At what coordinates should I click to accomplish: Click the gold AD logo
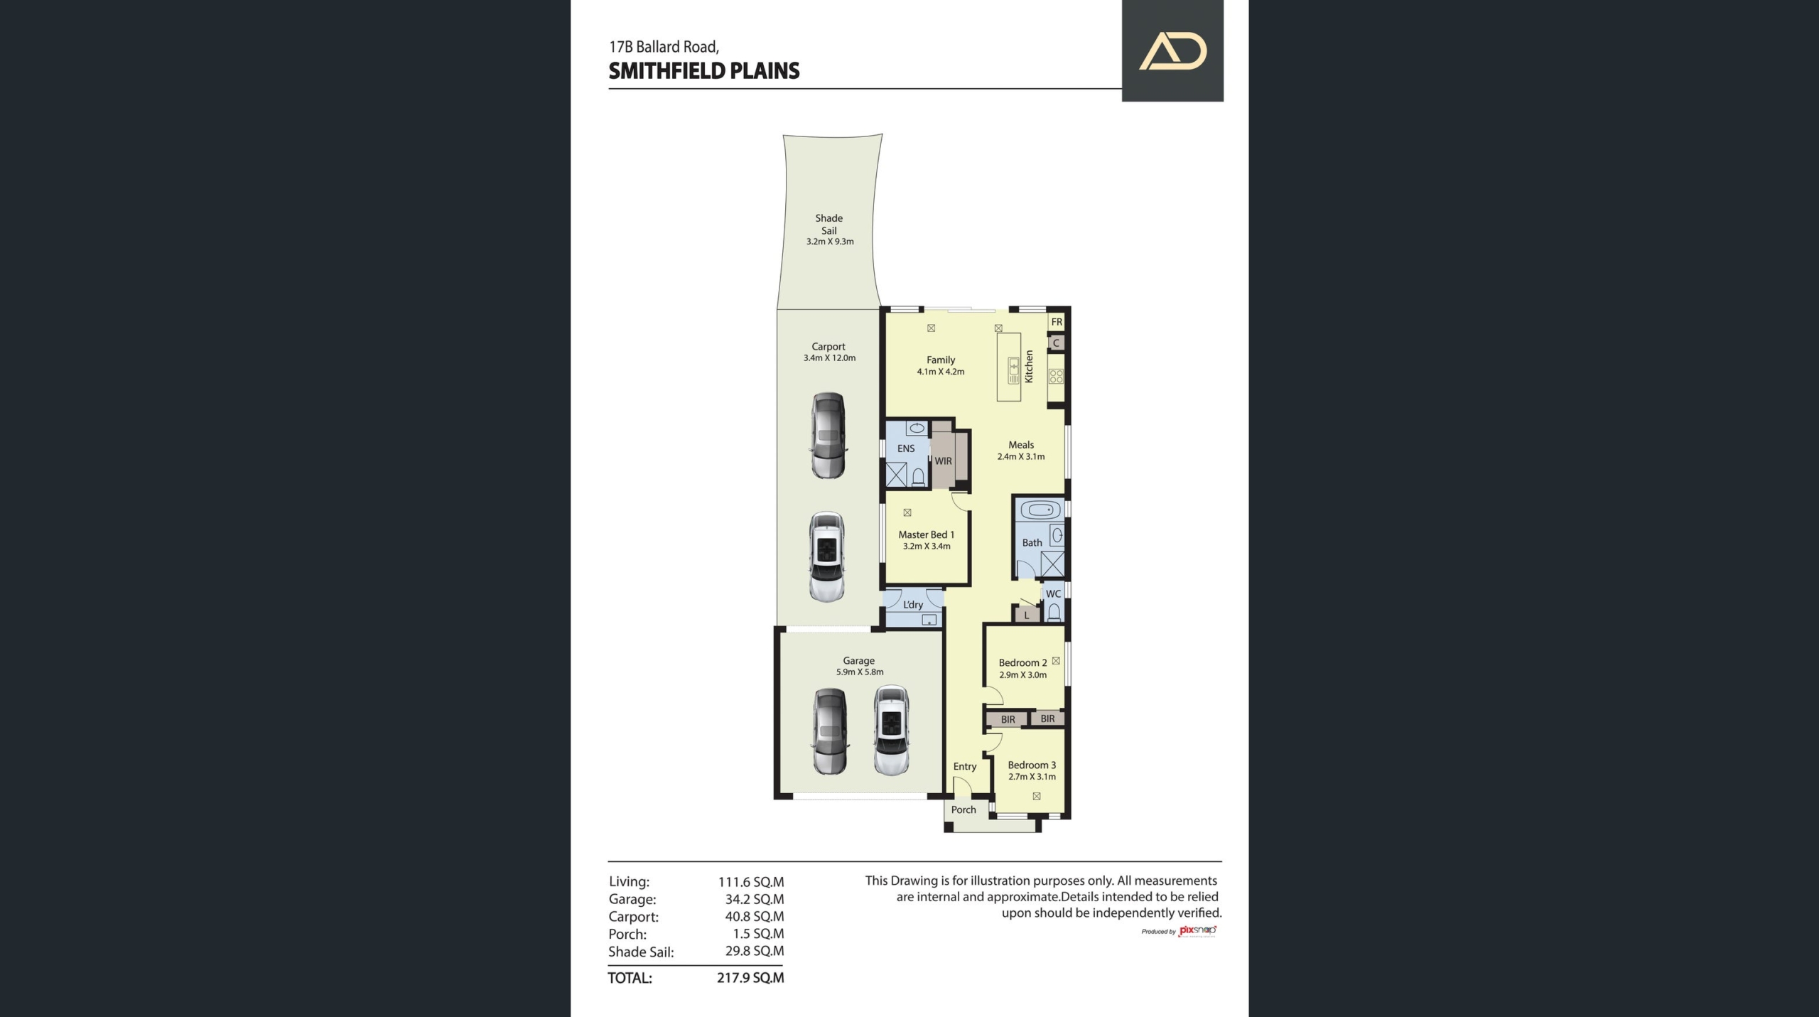(x=1173, y=51)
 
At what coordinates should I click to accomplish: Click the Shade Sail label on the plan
(x=829, y=224)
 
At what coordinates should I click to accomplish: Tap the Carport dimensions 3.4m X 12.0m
(x=829, y=358)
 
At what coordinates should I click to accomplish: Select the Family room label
(x=941, y=360)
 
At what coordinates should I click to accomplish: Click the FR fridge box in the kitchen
(x=1057, y=322)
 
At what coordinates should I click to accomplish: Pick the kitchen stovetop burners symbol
(x=1056, y=377)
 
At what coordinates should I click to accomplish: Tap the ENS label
(x=906, y=448)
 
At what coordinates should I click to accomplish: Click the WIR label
(x=943, y=461)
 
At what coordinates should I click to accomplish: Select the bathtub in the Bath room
(x=1040, y=510)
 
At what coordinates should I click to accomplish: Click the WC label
(x=1053, y=593)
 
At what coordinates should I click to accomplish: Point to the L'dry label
(x=913, y=605)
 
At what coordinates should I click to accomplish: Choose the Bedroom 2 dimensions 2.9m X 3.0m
(x=1023, y=675)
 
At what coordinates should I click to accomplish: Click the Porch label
(x=964, y=809)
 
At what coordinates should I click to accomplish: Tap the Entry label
(x=965, y=766)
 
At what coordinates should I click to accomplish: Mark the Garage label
(x=859, y=660)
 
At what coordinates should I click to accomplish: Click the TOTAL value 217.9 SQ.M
(x=750, y=978)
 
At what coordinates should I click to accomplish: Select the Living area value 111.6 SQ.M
(x=751, y=882)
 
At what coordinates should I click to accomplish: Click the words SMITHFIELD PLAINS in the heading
(x=704, y=71)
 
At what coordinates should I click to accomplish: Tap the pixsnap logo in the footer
(x=1198, y=931)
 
